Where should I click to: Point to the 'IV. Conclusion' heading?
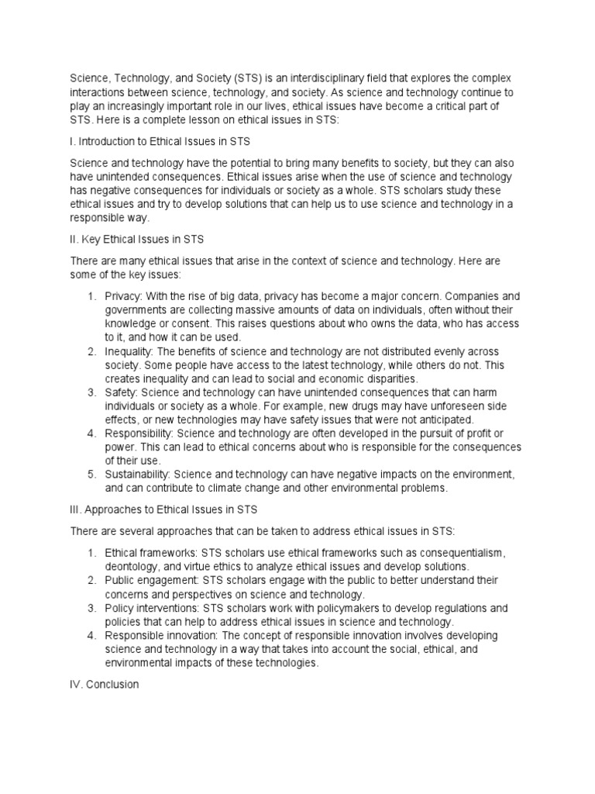105,685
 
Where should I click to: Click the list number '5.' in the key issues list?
91,474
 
